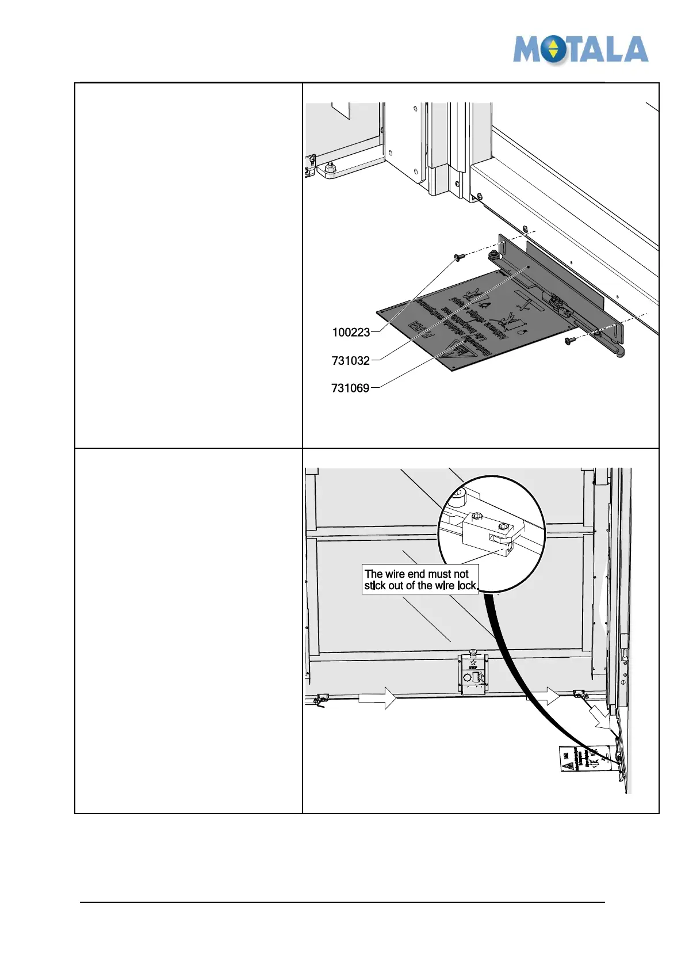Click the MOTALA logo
[x=580, y=49]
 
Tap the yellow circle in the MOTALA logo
[x=553, y=49]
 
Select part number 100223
[x=351, y=333]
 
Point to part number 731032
[x=350, y=361]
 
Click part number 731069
[x=350, y=388]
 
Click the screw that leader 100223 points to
[x=459, y=257]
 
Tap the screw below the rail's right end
[x=570, y=341]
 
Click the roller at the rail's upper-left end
[x=493, y=255]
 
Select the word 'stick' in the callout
[x=375, y=586]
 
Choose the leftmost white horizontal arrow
[x=377, y=698]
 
